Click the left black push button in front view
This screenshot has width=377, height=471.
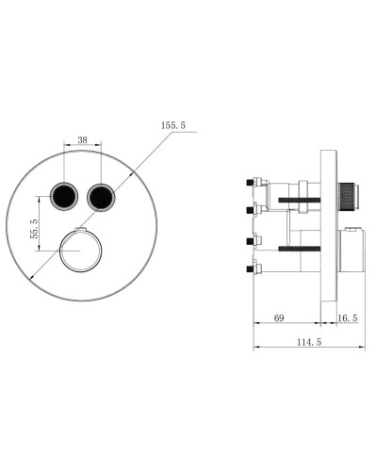(x=65, y=196)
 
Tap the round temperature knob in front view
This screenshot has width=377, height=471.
(x=76, y=252)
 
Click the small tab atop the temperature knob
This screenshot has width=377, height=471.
(x=82, y=231)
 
